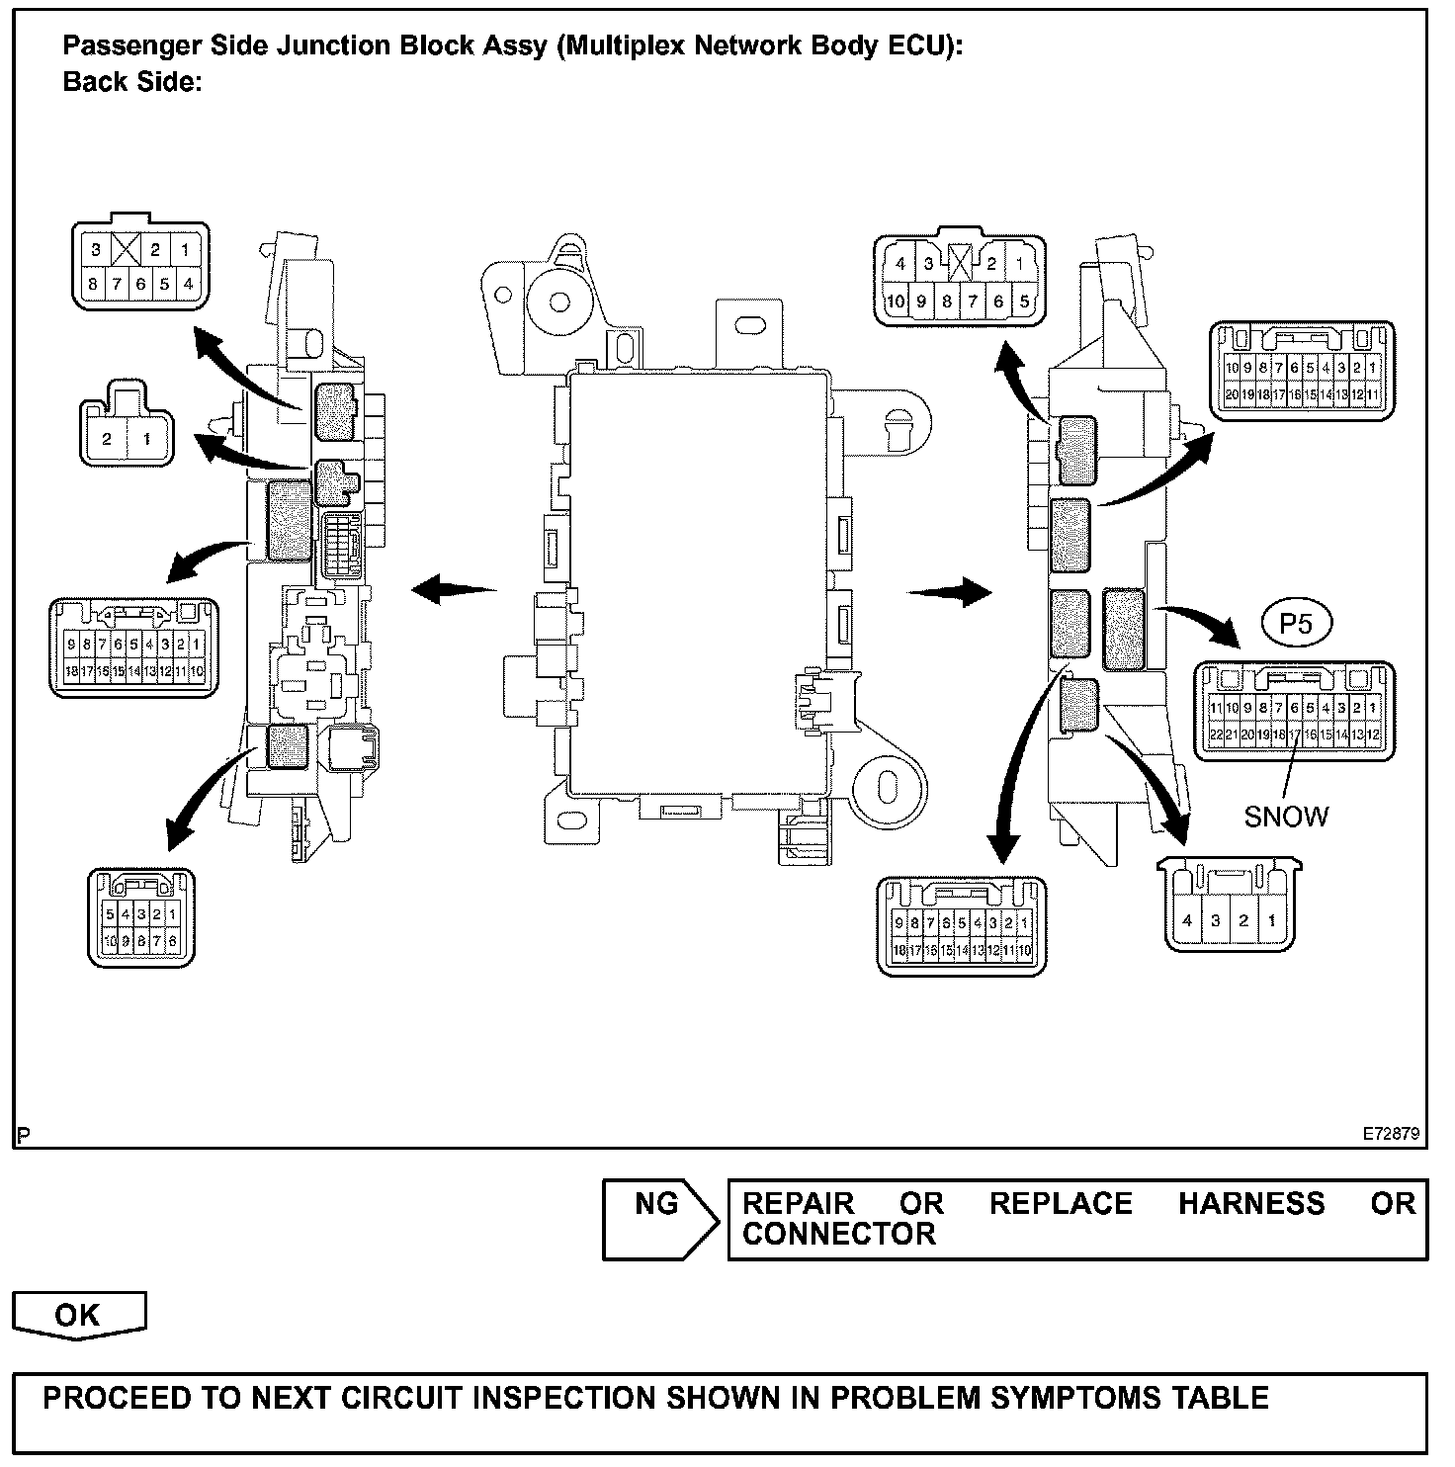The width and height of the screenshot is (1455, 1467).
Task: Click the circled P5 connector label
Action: click(x=1297, y=624)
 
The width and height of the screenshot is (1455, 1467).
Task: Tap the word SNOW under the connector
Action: click(x=1286, y=816)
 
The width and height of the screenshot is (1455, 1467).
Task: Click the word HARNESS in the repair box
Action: click(x=1250, y=1204)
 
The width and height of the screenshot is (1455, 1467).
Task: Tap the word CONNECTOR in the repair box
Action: click(x=838, y=1234)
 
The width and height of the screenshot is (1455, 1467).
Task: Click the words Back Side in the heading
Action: click(x=132, y=81)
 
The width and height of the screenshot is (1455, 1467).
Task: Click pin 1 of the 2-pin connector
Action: click(x=146, y=439)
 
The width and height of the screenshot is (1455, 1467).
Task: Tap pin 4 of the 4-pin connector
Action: click(x=1187, y=921)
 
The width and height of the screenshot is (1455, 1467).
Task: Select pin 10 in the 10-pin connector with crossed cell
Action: click(x=897, y=302)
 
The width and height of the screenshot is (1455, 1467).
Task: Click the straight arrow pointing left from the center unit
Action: click(x=453, y=591)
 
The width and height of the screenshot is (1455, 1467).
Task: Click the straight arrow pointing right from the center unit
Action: click(x=949, y=593)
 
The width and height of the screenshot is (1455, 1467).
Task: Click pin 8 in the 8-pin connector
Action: click(x=96, y=285)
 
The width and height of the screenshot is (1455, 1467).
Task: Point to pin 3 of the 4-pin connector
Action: click(x=1215, y=921)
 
